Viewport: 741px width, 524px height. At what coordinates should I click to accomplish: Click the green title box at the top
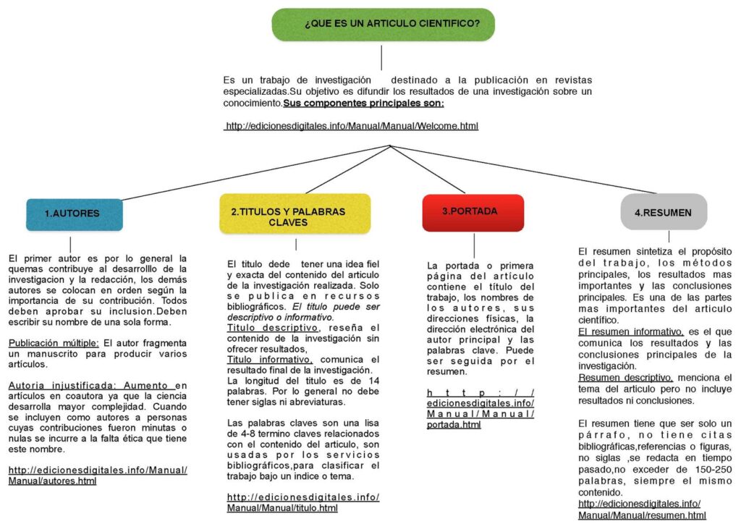tap(383, 24)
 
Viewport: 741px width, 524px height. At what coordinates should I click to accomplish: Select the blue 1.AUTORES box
tap(72, 214)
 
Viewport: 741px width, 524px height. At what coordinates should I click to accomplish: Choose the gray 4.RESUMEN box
tap(663, 213)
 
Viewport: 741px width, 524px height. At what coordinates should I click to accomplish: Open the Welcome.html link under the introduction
tap(352, 126)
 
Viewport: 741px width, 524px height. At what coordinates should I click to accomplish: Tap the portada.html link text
tap(454, 425)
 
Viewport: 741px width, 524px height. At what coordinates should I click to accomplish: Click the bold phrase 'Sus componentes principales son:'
tap(363, 103)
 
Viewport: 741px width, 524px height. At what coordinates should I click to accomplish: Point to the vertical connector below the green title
tap(381, 56)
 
